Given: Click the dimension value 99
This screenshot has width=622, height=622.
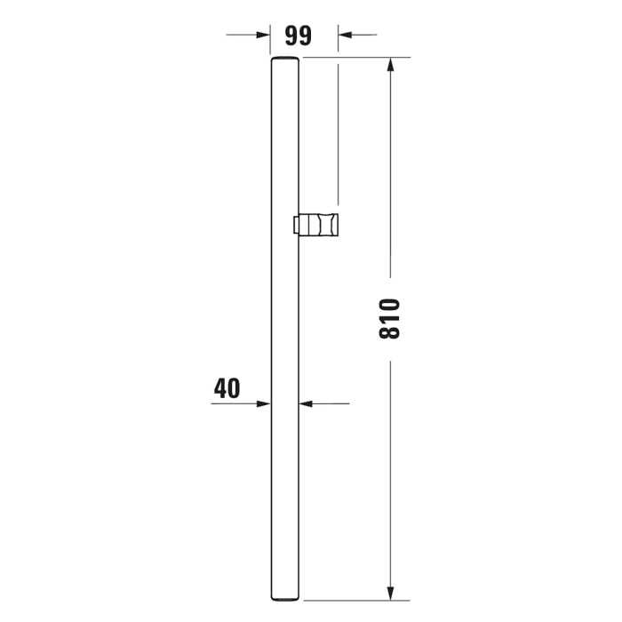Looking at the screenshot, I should [x=298, y=36].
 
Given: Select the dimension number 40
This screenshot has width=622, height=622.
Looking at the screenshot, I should [x=227, y=387].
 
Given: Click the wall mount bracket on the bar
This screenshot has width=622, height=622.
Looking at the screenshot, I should [x=318, y=226].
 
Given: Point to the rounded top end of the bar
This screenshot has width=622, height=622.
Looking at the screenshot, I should [x=284, y=60].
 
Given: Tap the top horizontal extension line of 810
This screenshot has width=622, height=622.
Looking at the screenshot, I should [x=355, y=58].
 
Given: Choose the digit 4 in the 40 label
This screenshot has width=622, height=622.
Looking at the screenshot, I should [x=220, y=387].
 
